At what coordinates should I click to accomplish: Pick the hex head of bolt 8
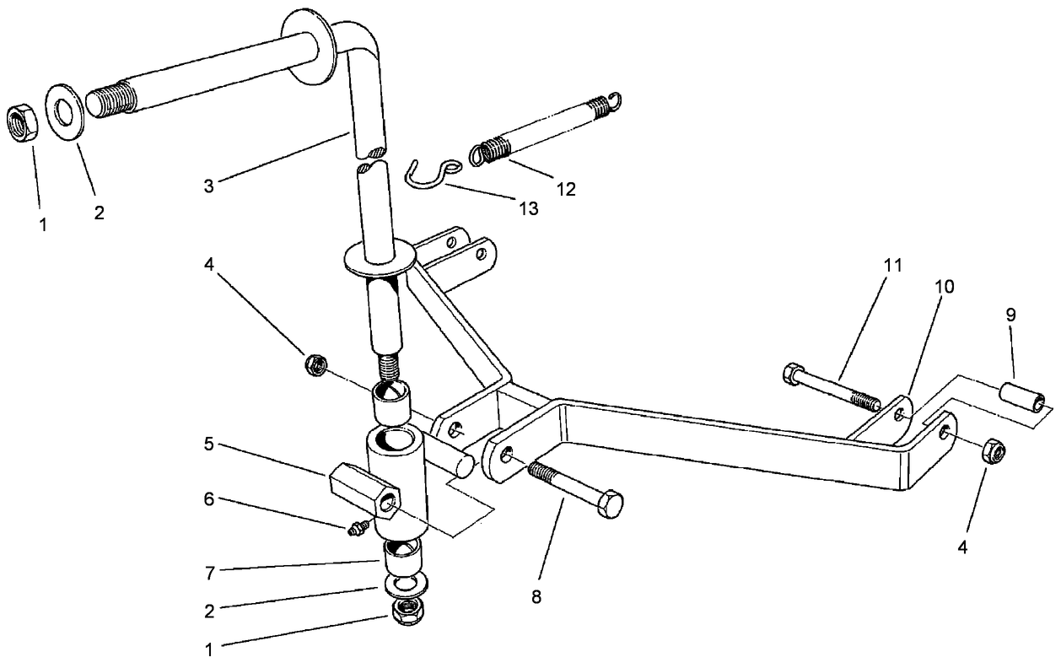tap(609, 504)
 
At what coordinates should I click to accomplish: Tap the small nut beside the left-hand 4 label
tap(316, 365)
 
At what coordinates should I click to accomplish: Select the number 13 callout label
tap(528, 208)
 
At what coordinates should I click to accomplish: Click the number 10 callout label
tap(944, 287)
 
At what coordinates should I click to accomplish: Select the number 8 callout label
tap(536, 597)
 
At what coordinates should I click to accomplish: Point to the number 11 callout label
tap(891, 266)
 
